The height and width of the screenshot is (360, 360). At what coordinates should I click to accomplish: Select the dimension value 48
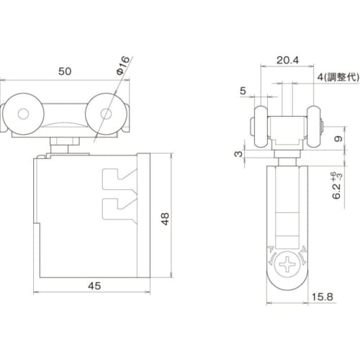pos(166,216)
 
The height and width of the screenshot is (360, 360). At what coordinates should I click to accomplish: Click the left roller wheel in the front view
pos(24,113)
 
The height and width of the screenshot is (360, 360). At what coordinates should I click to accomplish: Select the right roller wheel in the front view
pos(107,113)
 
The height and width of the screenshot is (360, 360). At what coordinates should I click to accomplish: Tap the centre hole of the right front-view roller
pos(107,113)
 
